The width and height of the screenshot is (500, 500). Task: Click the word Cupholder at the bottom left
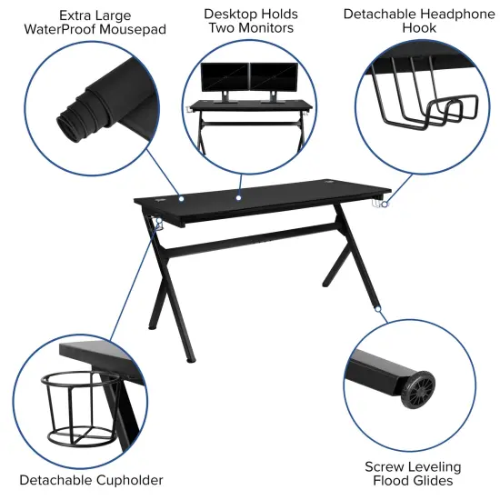click(132, 479)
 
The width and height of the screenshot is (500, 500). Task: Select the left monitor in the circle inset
click(224, 76)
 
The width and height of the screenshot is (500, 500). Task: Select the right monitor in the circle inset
click(272, 76)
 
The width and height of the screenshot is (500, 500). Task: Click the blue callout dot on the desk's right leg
click(376, 310)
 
